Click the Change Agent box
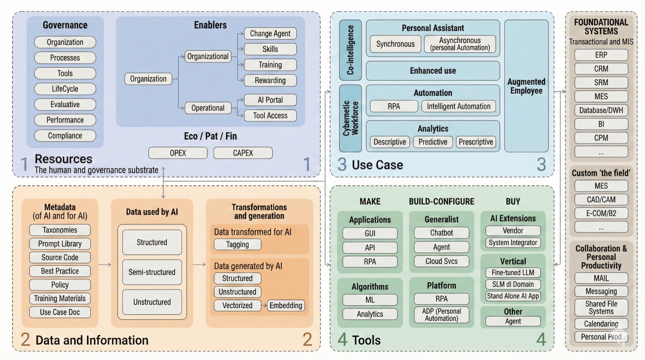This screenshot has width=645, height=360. tap(270, 33)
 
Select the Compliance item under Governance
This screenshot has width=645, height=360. tap(65, 136)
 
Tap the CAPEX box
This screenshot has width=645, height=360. tap(243, 153)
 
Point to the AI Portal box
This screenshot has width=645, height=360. tap(270, 100)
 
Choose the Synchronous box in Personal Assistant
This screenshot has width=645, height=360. tap(395, 44)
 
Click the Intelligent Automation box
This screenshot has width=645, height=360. tap(458, 106)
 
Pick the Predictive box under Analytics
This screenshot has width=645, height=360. tap(433, 142)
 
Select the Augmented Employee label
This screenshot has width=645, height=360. tap(526, 86)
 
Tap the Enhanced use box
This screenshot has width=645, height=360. tap(433, 71)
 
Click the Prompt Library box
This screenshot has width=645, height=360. tap(60, 244)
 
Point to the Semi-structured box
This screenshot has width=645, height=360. tap(152, 272)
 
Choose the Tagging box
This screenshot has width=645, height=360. tap(237, 244)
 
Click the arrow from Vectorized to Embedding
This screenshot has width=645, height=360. tap(264, 306)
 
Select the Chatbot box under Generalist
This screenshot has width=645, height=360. tap(441, 233)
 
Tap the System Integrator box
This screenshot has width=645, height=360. tap(513, 243)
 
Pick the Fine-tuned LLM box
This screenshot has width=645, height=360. tap(513, 273)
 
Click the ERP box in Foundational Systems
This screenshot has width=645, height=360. tap(601, 55)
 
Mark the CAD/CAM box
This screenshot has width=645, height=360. tap(601, 200)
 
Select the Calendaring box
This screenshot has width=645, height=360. tap(601, 324)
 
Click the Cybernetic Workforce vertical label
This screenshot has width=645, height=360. tap(350, 118)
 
